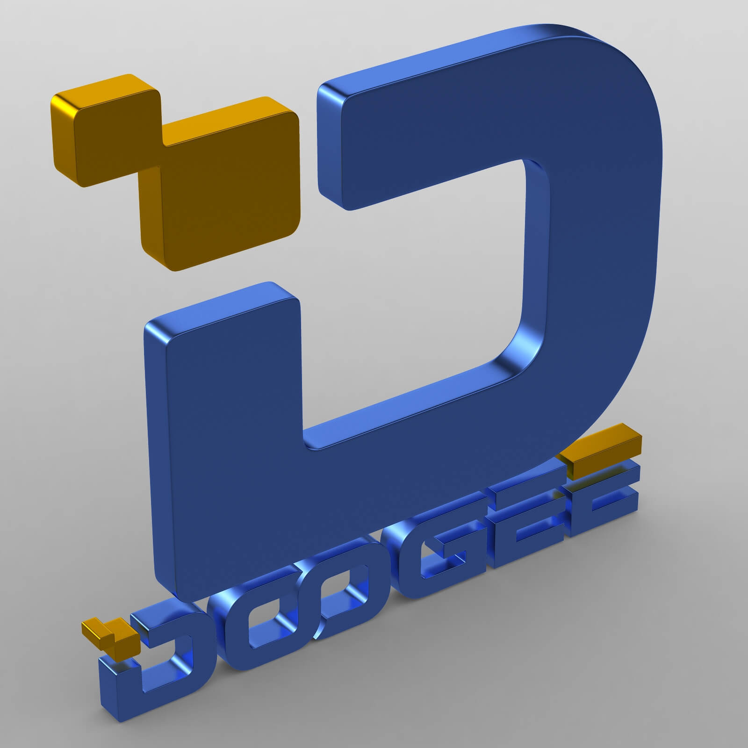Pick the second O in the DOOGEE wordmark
pos(327,589)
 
